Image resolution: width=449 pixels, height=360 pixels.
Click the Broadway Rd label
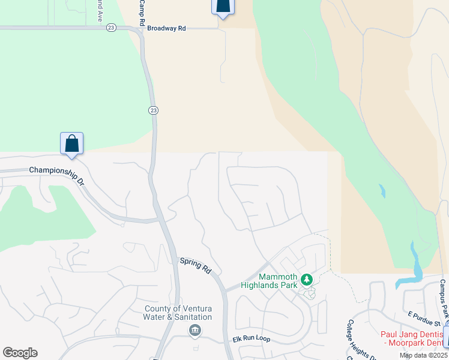tap(167, 28)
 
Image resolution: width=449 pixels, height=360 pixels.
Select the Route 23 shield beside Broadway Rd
tap(111, 28)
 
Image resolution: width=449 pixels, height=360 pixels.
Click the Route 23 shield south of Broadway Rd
tap(154, 110)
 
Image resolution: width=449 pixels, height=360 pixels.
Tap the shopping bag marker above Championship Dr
tap(71, 144)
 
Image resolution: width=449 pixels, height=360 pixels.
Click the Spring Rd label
tap(196, 266)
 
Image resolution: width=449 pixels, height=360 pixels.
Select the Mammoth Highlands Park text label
tap(278, 281)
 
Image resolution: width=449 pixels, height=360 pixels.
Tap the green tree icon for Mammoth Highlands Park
tap(307, 280)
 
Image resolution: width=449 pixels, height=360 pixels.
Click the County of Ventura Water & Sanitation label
tap(178, 313)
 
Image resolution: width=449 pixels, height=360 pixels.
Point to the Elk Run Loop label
tap(252, 339)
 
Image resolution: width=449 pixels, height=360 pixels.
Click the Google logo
tap(20, 353)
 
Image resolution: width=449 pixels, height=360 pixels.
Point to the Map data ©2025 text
tap(424, 355)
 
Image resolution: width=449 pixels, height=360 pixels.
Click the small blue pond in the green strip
tap(382, 191)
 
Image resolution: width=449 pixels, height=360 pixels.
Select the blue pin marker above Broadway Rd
tap(223, 6)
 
